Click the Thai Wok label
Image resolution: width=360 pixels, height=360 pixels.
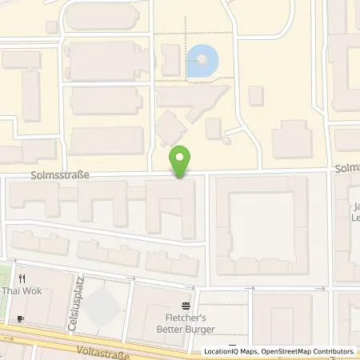(18, 290)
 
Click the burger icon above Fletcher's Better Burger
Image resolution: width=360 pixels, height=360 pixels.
(186, 306)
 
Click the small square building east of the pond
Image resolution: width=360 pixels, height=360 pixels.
(256, 96)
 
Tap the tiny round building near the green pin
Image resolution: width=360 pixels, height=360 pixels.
(226, 141)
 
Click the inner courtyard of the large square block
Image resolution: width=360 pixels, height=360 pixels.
(262, 220)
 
